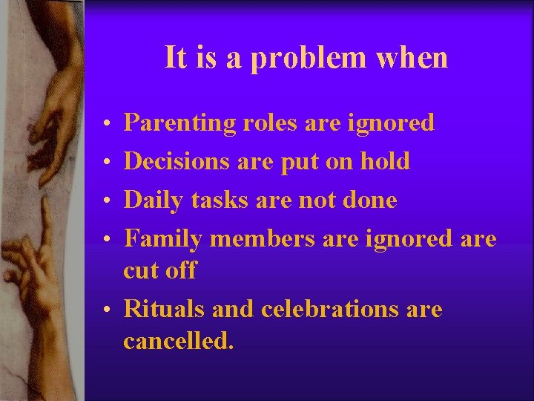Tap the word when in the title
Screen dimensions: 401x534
(x=412, y=57)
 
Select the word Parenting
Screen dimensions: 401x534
(x=179, y=123)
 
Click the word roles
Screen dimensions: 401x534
(x=270, y=123)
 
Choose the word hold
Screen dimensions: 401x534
(x=384, y=161)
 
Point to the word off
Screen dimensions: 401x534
(x=180, y=270)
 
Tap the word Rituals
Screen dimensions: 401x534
(x=165, y=309)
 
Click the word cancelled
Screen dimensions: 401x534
(x=178, y=341)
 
